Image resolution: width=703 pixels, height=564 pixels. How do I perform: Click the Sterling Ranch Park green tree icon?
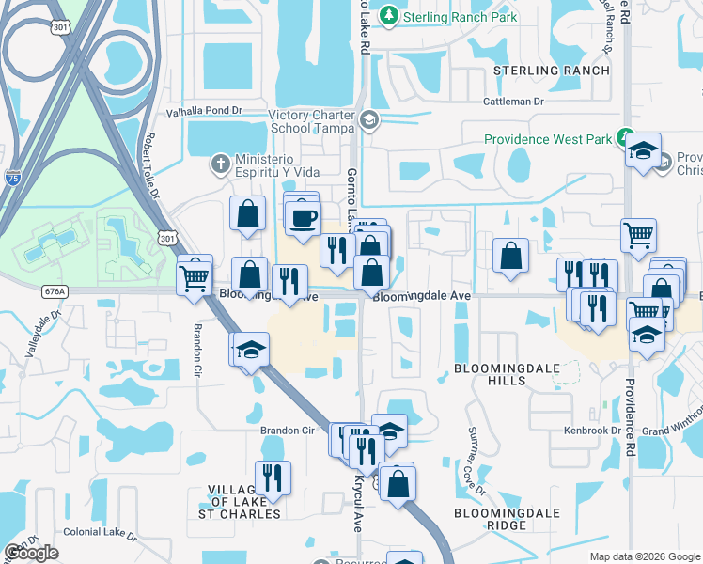coord(389,17)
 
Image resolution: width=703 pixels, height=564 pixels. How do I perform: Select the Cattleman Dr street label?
coord(513,101)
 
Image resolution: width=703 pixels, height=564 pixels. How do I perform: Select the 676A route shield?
coord(55,292)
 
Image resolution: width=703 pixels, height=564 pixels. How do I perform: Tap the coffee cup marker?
coord(303,218)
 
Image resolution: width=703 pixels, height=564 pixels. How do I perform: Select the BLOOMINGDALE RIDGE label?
coord(507,520)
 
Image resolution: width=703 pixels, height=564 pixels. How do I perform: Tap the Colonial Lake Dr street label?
coord(100,532)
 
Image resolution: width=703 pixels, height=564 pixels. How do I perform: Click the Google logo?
coord(31,553)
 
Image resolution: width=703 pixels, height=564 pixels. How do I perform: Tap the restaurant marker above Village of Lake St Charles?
coord(273,477)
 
